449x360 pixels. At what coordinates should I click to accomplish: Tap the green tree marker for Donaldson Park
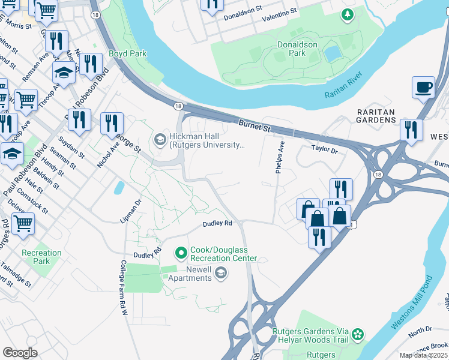click(347, 14)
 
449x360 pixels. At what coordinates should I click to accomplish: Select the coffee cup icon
click(423, 88)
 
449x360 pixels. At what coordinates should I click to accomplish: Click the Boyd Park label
click(128, 53)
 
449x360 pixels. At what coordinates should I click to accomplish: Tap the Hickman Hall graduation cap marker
click(160, 140)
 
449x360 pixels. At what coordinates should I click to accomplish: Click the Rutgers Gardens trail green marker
click(358, 334)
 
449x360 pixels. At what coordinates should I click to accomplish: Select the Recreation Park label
click(41, 257)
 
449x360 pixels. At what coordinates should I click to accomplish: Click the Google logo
click(20, 352)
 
